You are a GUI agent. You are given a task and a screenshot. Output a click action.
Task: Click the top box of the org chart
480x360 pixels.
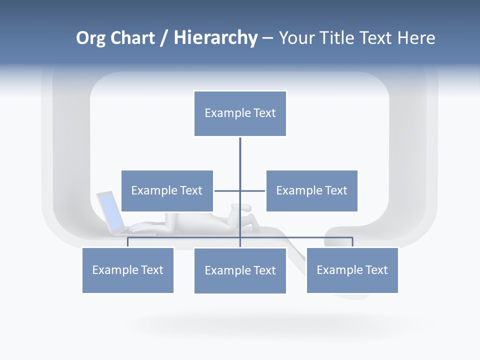240,113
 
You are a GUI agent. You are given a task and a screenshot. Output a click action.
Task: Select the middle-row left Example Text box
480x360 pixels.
167,190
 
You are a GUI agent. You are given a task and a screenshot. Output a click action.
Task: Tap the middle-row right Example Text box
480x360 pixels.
311,190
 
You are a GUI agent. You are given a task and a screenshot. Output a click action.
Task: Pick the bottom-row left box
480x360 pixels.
127,270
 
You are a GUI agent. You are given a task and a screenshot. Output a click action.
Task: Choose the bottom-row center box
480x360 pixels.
240,270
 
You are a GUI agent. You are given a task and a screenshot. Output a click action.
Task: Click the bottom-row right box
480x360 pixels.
352,270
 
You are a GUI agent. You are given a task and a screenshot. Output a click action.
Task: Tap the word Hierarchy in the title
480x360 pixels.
215,38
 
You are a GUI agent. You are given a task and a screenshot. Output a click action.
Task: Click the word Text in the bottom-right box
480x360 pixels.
375,270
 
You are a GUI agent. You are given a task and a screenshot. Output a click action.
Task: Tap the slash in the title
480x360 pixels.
164,38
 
